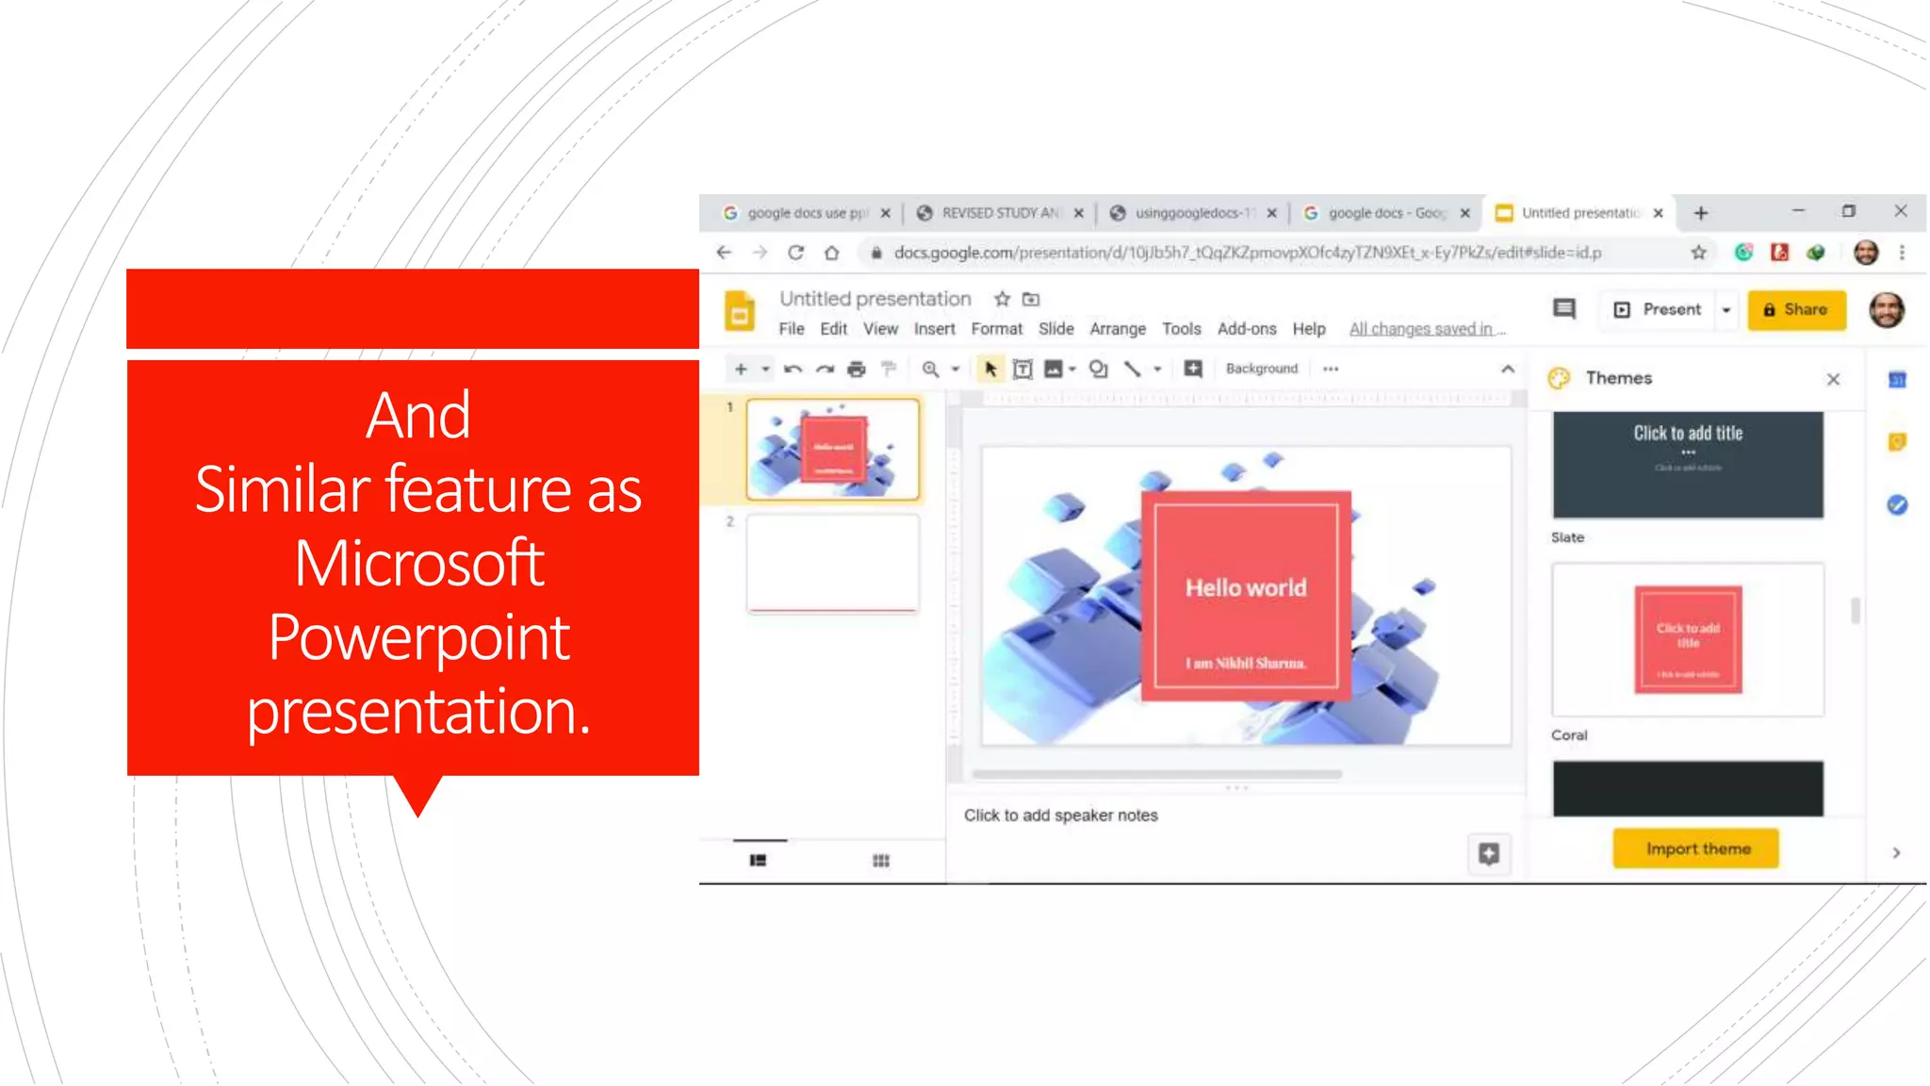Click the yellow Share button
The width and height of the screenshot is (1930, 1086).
click(x=1796, y=310)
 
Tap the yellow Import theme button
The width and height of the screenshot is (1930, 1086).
click(x=1697, y=848)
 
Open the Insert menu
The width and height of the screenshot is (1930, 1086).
click(x=934, y=329)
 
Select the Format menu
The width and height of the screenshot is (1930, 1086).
click(x=996, y=329)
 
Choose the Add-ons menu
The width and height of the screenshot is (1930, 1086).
click(x=1246, y=329)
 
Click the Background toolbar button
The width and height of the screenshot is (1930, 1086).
click(x=1261, y=369)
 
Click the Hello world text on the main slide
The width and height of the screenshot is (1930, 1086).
click(x=1246, y=587)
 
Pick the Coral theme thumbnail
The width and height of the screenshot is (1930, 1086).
click(x=1688, y=640)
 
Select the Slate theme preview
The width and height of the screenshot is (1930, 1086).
click(x=1688, y=464)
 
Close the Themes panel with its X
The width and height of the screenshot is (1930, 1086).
click(x=1833, y=379)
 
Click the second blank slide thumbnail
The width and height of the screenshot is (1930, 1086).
click(x=833, y=563)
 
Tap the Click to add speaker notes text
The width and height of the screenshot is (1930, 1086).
click(x=1060, y=815)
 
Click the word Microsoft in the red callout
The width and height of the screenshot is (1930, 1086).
click(x=419, y=563)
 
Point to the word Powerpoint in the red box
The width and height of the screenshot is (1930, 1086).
click(x=419, y=637)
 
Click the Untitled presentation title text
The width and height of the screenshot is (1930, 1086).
click(x=875, y=299)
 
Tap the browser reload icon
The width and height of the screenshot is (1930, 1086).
click(x=796, y=253)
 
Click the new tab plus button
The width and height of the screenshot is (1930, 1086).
click(x=1701, y=213)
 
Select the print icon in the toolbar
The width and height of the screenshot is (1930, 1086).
click(x=856, y=370)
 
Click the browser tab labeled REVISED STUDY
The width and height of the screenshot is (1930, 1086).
click(x=999, y=213)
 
